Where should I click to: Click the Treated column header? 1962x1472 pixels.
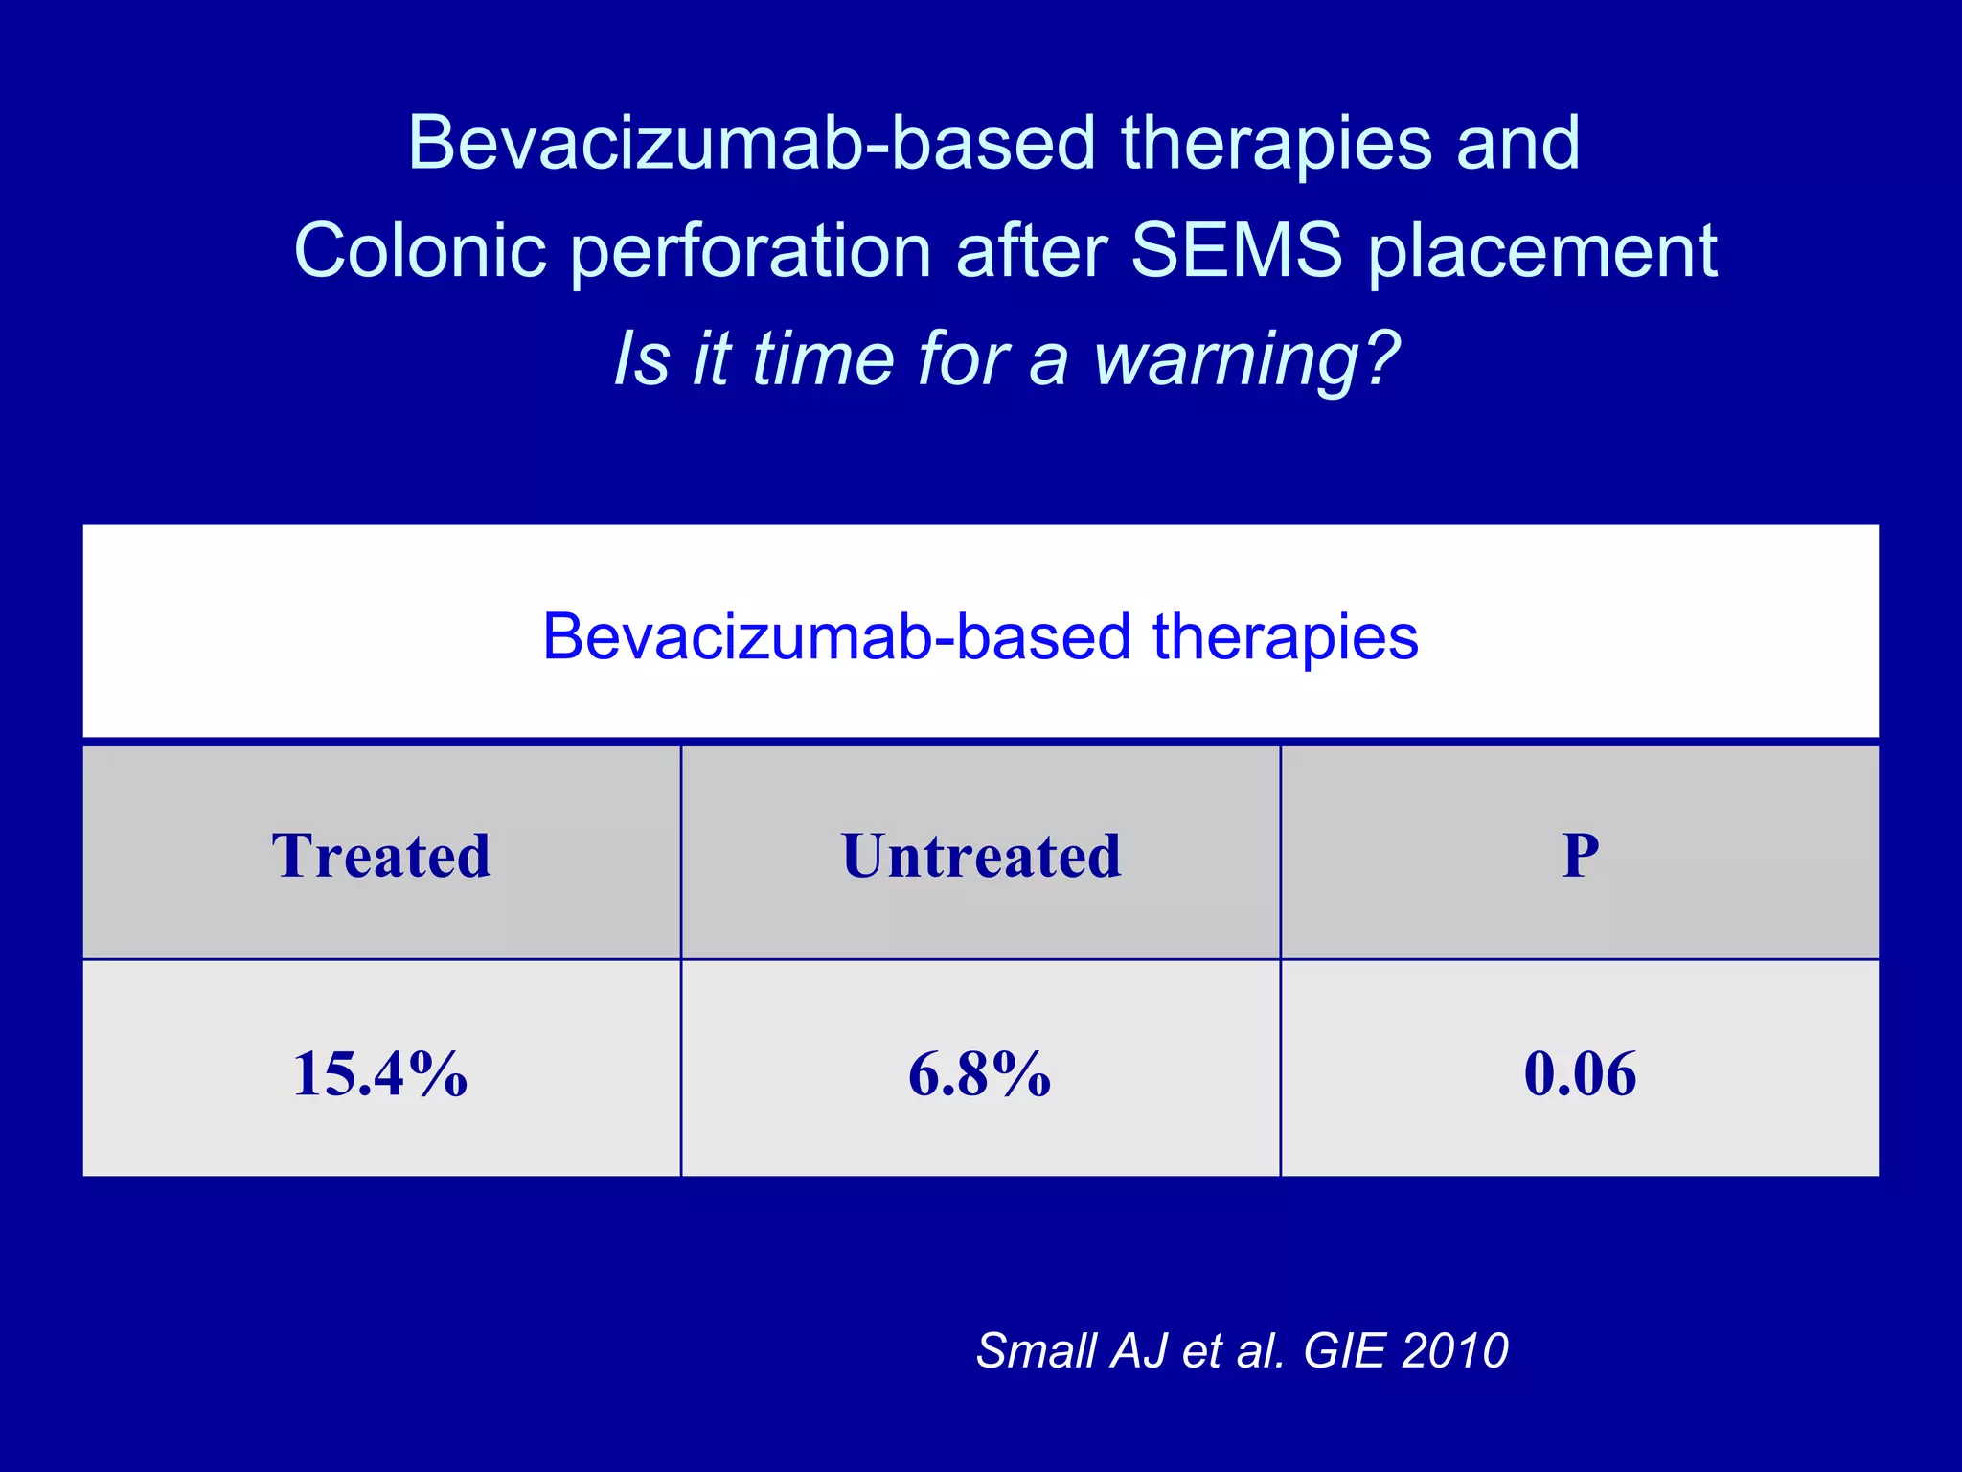pyautogui.click(x=381, y=855)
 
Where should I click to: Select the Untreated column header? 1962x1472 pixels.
pyautogui.click(x=981, y=855)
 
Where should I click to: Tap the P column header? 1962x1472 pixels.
pyautogui.click(x=1580, y=855)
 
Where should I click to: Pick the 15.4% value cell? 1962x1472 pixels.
pyautogui.click(x=381, y=1073)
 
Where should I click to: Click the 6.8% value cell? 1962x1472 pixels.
pyautogui.click(x=980, y=1073)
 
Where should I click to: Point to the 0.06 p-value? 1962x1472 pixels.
pyautogui.click(x=1580, y=1073)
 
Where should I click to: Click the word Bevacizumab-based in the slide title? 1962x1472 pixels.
pyautogui.click(x=751, y=144)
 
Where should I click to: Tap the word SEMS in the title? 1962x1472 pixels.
pyautogui.click(x=1237, y=251)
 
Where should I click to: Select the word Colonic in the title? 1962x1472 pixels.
pyautogui.click(x=421, y=251)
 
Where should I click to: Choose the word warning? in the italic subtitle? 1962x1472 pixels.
pyautogui.click(x=1246, y=360)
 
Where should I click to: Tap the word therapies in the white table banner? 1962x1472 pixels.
pyautogui.click(x=1285, y=637)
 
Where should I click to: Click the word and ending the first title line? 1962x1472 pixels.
pyautogui.click(x=1517, y=144)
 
